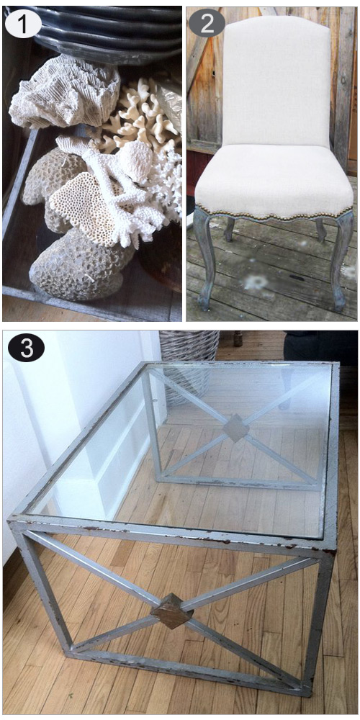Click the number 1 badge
pyautogui.click(x=24, y=24)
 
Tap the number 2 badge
pyautogui.click(x=207, y=23)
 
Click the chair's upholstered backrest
pyautogui.click(x=276, y=83)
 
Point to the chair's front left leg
pyautogui.click(x=204, y=257)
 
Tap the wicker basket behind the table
pyautogui.click(x=189, y=363)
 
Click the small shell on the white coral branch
pyautogui.click(x=136, y=158)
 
